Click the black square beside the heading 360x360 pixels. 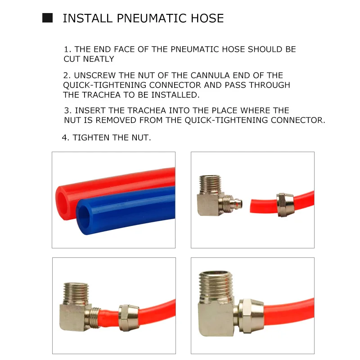click(x=47, y=18)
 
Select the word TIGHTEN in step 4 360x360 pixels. click(x=91, y=138)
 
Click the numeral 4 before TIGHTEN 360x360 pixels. click(x=64, y=138)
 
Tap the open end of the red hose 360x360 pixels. click(x=62, y=198)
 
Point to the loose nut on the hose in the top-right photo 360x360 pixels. click(x=285, y=205)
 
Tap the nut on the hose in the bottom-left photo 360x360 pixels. click(x=127, y=317)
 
